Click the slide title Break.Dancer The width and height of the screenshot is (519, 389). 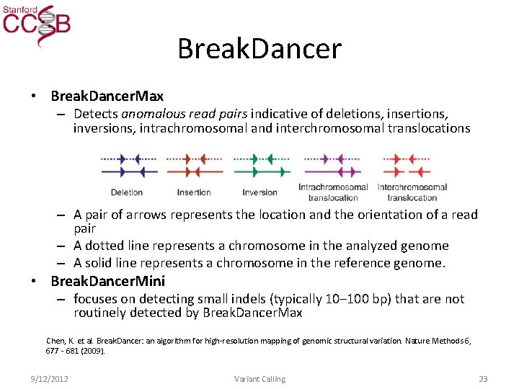259,49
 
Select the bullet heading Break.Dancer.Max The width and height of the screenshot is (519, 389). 107,96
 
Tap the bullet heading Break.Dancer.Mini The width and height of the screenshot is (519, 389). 108,281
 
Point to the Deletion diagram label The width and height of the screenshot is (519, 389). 127,192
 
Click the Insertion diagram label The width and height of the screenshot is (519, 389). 194,192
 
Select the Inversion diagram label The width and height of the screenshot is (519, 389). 259,192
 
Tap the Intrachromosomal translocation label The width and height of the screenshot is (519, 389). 333,192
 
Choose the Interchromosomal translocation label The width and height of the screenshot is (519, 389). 412,192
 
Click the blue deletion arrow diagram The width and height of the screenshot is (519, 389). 129,165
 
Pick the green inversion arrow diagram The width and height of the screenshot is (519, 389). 261,165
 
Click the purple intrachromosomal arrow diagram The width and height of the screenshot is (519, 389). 332,165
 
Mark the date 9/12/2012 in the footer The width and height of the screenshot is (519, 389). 50,379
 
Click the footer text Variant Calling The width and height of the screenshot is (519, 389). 259,379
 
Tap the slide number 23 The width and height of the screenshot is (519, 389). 483,379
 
